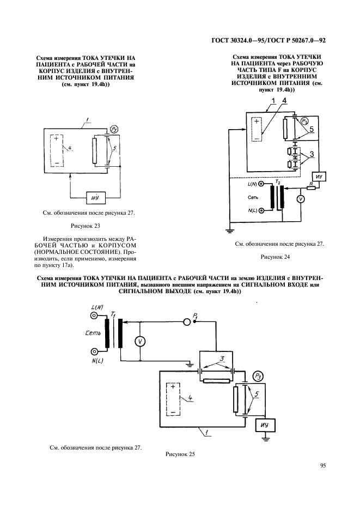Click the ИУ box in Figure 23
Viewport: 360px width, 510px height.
point(95,198)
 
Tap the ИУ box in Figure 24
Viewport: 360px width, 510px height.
point(319,177)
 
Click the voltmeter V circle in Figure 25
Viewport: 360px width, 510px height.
point(140,341)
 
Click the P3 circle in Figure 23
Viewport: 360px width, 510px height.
point(114,130)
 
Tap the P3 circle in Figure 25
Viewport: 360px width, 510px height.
point(258,377)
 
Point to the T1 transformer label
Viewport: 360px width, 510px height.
point(113,314)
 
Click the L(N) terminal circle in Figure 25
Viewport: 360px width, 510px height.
point(94,315)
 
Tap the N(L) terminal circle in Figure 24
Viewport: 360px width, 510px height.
point(261,210)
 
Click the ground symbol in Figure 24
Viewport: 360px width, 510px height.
point(230,231)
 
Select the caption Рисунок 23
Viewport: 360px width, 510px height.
point(85,226)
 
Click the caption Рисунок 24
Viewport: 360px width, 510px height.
point(275,257)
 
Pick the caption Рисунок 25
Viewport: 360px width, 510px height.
point(180,454)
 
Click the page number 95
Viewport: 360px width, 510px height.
point(323,465)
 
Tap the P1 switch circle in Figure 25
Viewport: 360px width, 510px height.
point(187,321)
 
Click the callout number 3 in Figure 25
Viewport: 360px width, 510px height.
point(222,359)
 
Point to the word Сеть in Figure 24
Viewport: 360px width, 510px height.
point(253,197)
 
